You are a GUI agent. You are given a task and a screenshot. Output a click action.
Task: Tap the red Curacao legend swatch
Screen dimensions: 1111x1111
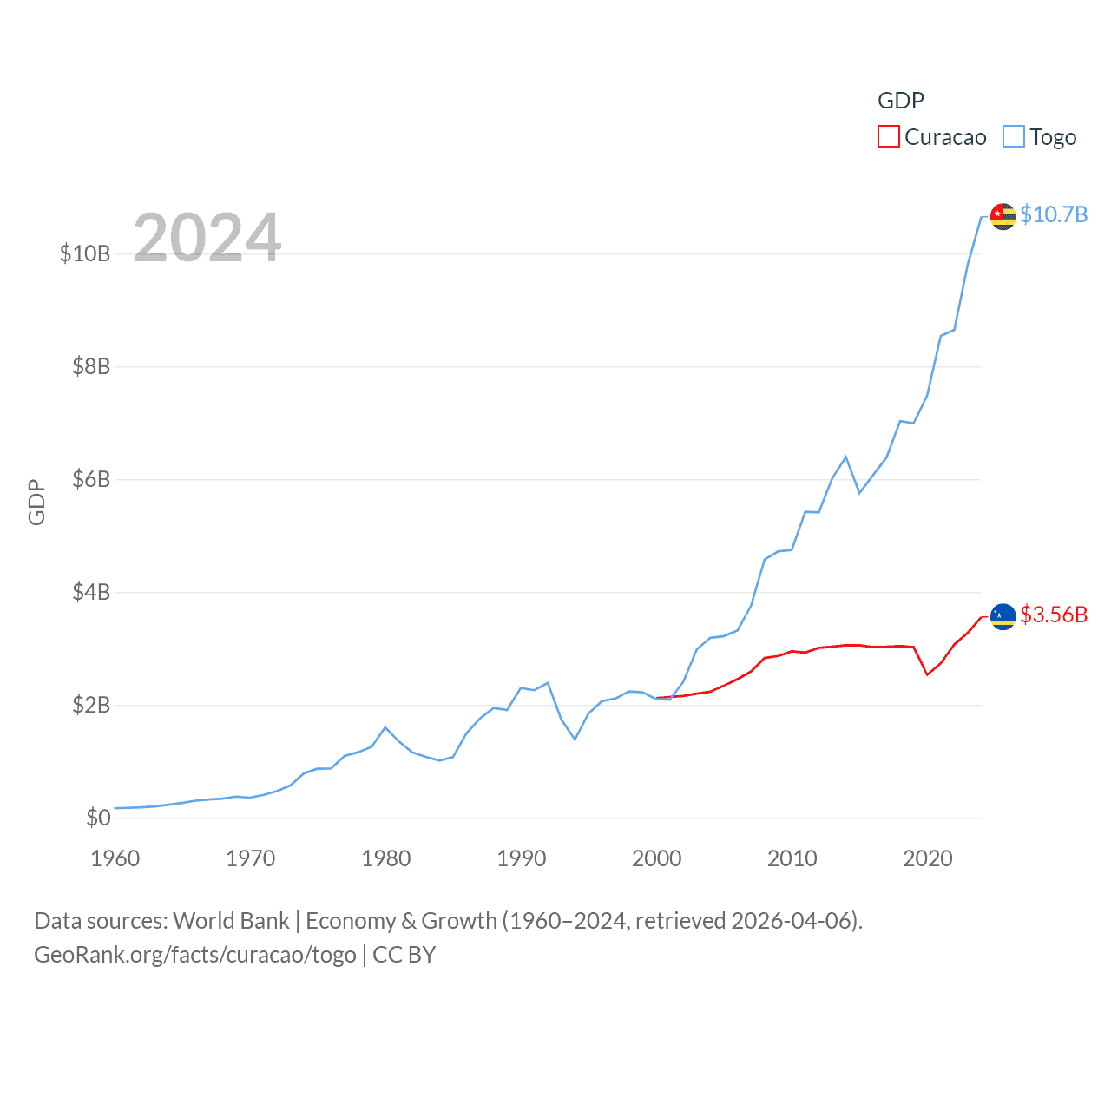pyautogui.click(x=889, y=137)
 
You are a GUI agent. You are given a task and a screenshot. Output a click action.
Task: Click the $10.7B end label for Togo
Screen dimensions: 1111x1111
pyautogui.click(x=1054, y=214)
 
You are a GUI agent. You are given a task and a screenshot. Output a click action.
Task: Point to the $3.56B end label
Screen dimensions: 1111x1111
pyautogui.click(x=1054, y=615)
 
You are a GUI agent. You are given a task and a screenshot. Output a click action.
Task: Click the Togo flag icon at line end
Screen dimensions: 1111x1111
pyautogui.click(x=1003, y=216)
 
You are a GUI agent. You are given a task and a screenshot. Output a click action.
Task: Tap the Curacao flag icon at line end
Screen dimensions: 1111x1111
pyautogui.click(x=1003, y=616)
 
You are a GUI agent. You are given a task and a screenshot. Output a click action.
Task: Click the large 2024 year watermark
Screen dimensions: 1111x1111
pyautogui.click(x=207, y=237)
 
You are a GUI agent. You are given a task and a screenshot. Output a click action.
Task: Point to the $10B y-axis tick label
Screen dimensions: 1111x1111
pyautogui.click(x=85, y=253)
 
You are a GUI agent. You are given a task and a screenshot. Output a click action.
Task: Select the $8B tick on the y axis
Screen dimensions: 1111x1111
pyautogui.click(x=91, y=366)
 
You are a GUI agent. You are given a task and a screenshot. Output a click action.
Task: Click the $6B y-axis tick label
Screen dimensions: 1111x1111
pyautogui.click(x=91, y=479)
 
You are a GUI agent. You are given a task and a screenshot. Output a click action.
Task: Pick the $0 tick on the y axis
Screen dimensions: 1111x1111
pyautogui.click(x=98, y=818)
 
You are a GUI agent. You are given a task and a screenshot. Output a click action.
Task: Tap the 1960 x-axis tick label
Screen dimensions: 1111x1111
pyautogui.click(x=115, y=858)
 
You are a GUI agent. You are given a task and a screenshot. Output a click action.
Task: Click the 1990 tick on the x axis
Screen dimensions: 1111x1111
pyautogui.click(x=521, y=858)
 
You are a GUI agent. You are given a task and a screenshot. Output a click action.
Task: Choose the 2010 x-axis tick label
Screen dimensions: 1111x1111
pyautogui.click(x=792, y=858)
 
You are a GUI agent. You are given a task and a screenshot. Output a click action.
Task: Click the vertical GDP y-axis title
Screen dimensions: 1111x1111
pyautogui.click(x=36, y=502)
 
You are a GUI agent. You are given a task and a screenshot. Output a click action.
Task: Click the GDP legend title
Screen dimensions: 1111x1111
pyautogui.click(x=901, y=101)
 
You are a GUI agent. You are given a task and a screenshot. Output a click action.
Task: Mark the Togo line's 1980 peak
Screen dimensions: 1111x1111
pyautogui.click(x=385, y=727)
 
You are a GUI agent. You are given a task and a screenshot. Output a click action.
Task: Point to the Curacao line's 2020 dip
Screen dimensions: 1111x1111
pyautogui.click(x=927, y=674)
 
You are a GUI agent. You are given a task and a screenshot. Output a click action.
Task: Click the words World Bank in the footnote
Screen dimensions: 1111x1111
pyautogui.click(x=231, y=920)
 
